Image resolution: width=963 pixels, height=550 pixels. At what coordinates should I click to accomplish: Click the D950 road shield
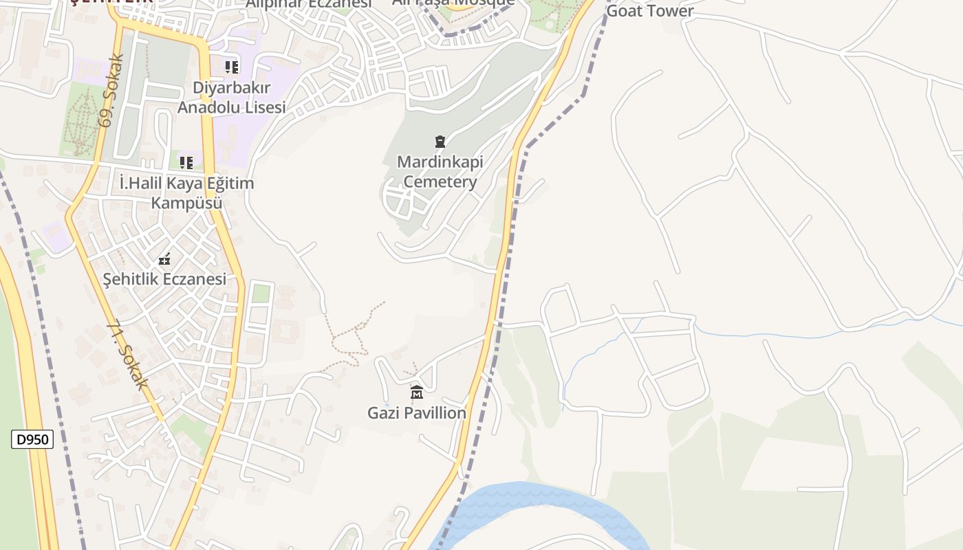32,439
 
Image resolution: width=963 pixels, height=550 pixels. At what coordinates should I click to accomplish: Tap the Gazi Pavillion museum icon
416,393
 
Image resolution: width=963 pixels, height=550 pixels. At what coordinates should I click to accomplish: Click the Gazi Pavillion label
417,413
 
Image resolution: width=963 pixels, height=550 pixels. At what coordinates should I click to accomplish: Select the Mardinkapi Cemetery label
440,172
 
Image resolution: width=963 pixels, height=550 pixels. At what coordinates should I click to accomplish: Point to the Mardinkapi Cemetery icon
440,142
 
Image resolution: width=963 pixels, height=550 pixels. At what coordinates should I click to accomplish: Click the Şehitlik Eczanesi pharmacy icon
164,259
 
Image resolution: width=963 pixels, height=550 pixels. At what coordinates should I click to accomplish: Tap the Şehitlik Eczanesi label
164,279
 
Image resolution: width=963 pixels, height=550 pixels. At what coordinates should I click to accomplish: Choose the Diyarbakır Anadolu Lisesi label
231,98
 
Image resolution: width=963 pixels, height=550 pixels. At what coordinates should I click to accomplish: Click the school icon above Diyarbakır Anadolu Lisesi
232,67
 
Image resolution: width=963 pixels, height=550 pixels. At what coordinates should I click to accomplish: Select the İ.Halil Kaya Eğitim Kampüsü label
186,193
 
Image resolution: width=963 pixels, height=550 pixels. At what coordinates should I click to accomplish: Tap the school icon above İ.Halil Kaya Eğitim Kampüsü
186,163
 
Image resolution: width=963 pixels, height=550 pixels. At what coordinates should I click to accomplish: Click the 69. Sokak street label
111,90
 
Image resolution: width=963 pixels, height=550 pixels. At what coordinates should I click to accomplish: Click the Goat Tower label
650,10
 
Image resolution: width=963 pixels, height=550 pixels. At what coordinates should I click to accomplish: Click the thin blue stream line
791,335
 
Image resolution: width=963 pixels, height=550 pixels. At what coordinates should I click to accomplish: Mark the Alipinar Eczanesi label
310,3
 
